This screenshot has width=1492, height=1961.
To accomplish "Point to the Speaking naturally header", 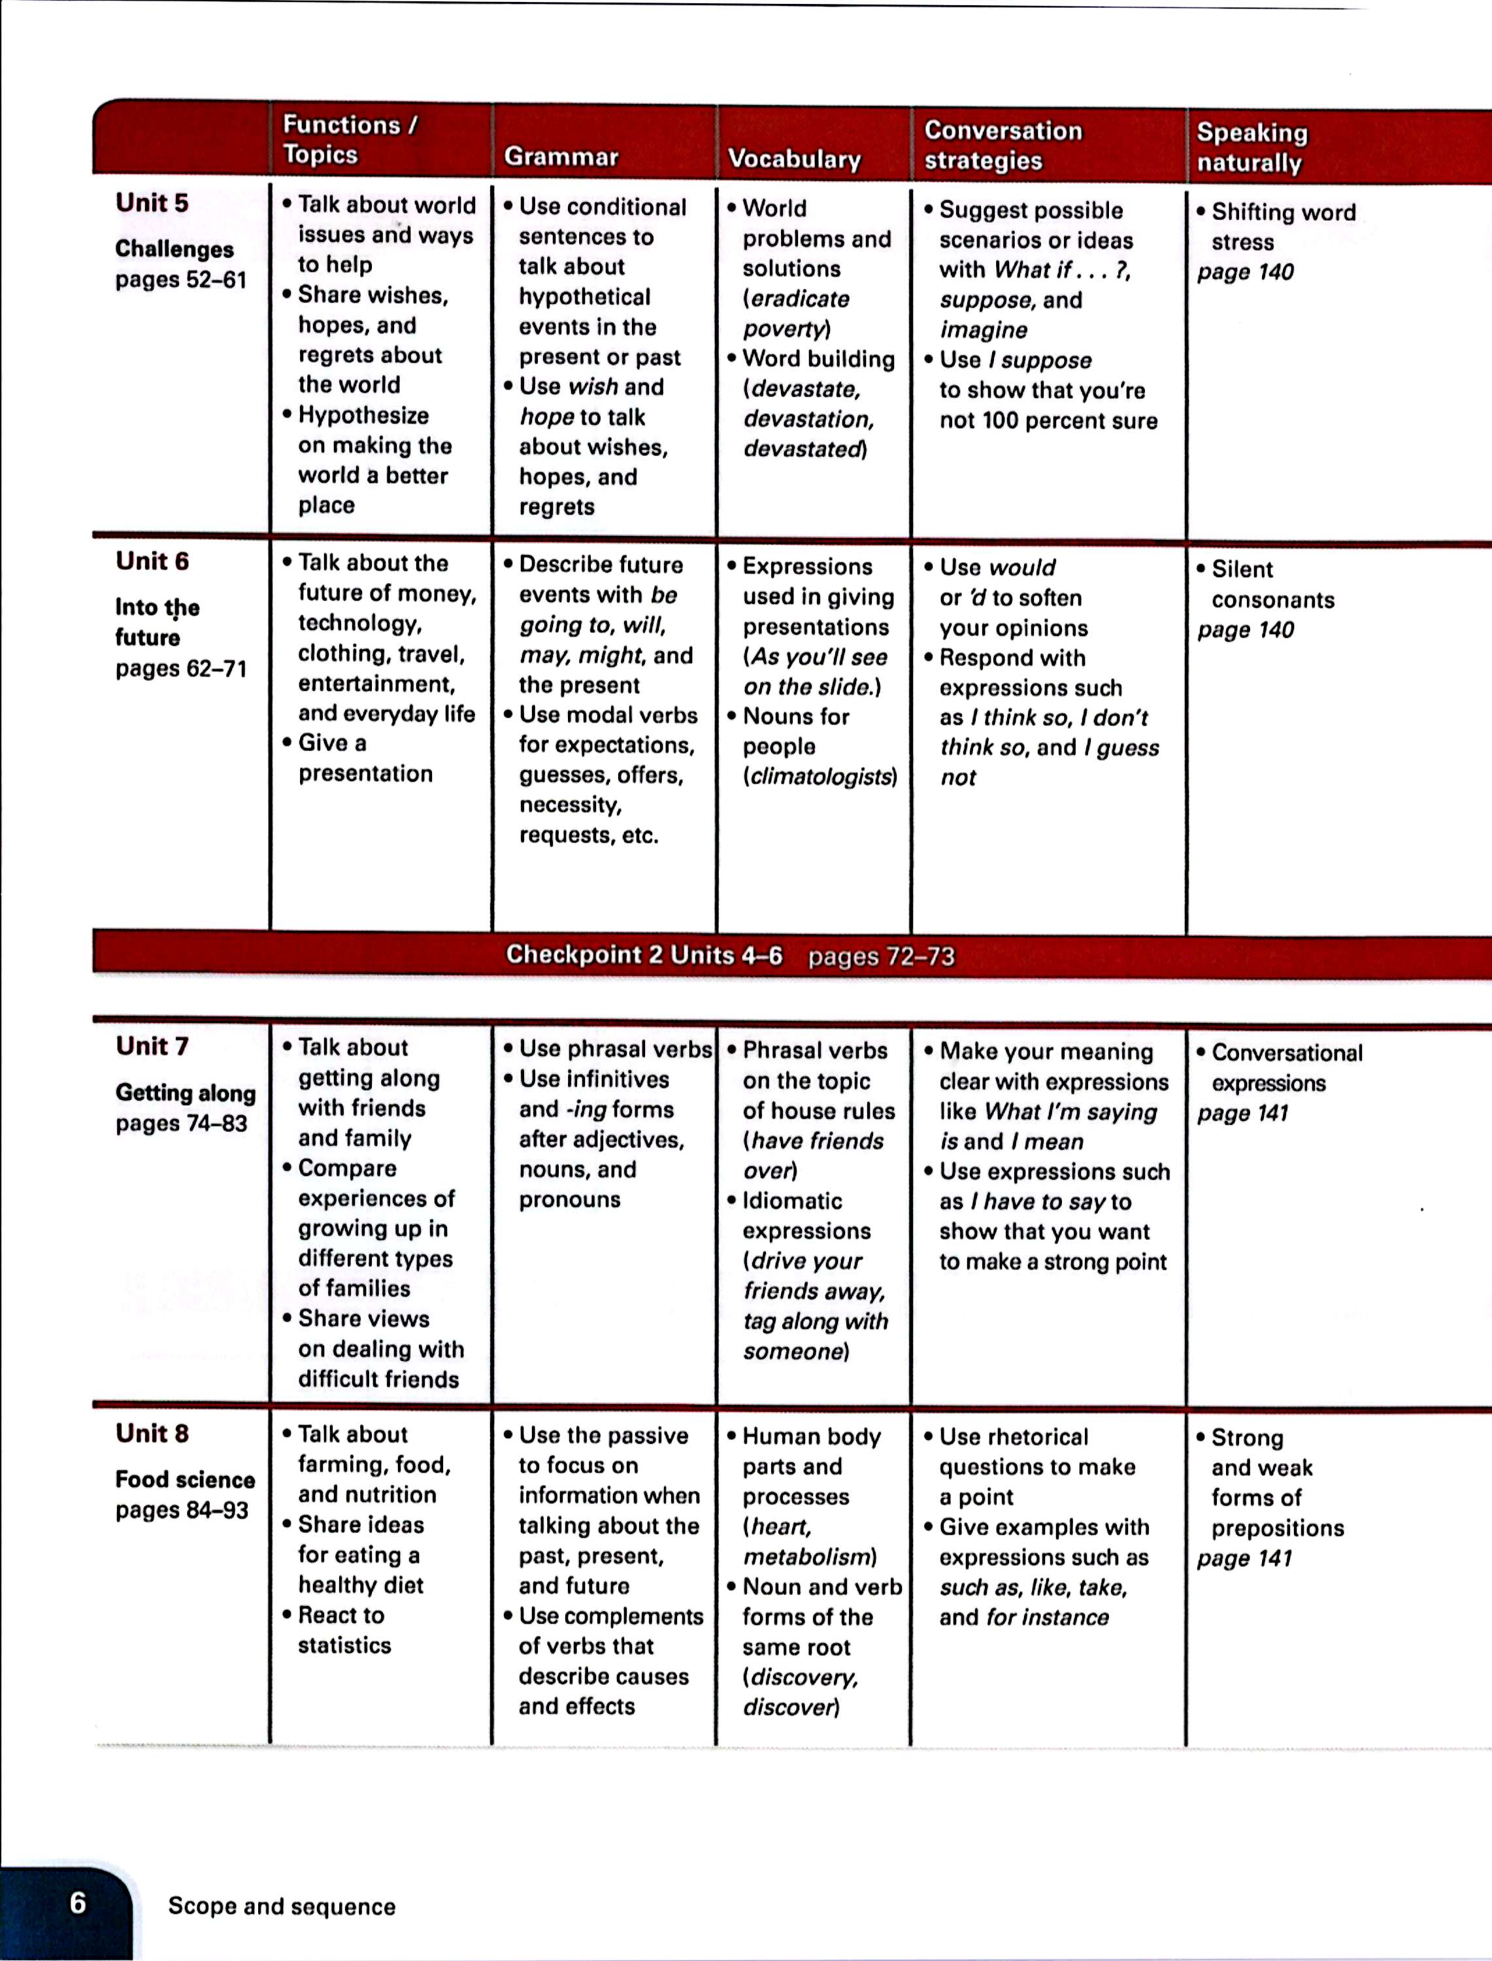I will point(1252,148).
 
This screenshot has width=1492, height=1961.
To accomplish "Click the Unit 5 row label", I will point(152,203).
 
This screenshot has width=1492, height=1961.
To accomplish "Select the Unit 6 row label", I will point(152,561).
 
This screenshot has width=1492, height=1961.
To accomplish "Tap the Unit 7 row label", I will point(152,1047).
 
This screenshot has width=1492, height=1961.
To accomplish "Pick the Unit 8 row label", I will point(152,1433).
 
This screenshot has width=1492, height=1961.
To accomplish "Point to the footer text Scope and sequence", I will point(282,1906).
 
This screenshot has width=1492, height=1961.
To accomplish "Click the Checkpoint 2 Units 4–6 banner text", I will point(644,955).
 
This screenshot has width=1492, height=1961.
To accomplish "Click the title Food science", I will point(185,1480).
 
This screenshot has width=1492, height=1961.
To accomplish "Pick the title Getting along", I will point(185,1092).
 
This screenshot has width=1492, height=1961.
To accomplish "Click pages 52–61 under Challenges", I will point(180,280).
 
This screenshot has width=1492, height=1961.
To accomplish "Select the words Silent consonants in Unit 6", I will point(1272,584).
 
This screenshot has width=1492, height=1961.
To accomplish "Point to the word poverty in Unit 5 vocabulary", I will point(784,329).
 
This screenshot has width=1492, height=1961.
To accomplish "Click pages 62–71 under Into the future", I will point(180,669).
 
